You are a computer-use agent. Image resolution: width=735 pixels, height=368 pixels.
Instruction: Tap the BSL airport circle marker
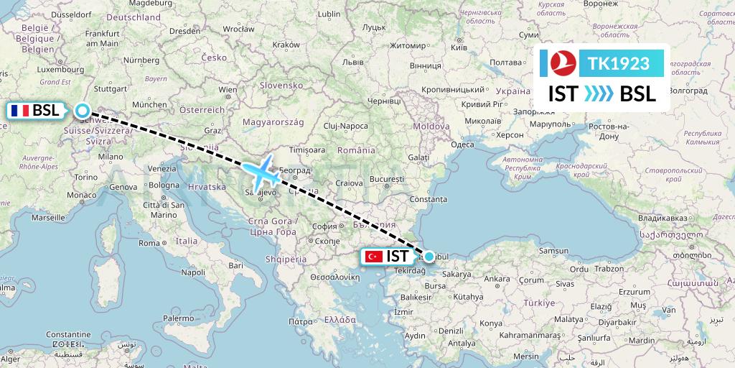click(83, 111)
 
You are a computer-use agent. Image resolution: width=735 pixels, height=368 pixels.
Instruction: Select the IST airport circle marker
click(429, 256)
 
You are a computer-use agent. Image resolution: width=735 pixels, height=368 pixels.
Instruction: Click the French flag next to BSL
click(20, 111)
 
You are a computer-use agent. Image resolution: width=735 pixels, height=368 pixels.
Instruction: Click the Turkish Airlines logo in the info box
click(564, 63)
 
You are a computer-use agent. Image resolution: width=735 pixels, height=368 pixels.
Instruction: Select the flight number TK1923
click(618, 63)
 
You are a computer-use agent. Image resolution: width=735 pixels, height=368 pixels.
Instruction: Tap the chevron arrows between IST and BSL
click(598, 94)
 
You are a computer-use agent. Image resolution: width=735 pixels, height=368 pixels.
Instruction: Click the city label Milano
click(111, 156)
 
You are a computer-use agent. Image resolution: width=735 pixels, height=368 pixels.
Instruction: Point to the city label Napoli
click(194, 272)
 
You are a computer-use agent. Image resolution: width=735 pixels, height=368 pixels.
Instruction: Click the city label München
click(149, 104)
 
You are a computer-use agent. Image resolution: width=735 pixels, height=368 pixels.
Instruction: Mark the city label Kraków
click(286, 45)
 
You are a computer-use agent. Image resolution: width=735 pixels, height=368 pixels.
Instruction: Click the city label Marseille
click(47, 216)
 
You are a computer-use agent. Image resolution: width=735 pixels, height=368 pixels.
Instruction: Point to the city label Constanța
click(430, 198)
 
